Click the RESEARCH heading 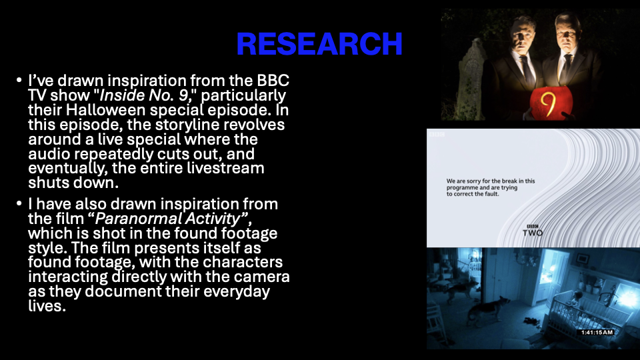(319, 44)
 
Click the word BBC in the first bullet (273, 81)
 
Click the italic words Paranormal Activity (167, 219)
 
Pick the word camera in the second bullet (261, 277)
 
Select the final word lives (47, 306)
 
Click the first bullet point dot (19, 80)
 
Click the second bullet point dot (19, 203)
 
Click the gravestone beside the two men (471, 81)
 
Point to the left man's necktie (527, 71)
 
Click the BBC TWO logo (533, 231)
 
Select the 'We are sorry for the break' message (490, 187)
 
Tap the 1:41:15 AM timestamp (597, 332)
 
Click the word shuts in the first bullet (49, 183)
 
